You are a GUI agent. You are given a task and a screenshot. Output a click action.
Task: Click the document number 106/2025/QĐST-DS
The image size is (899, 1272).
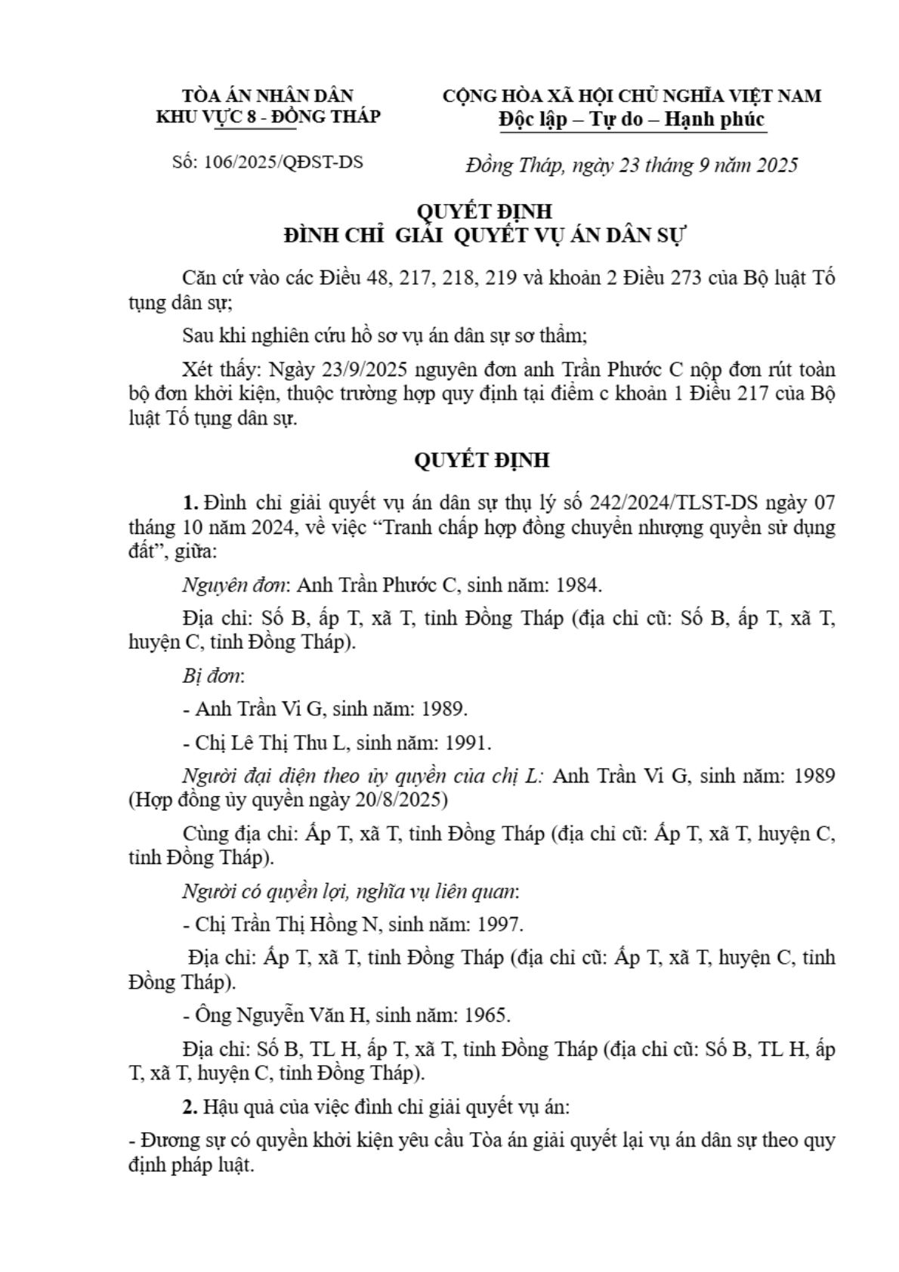tap(283, 163)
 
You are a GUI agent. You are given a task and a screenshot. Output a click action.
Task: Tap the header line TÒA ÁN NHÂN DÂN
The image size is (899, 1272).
tap(267, 96)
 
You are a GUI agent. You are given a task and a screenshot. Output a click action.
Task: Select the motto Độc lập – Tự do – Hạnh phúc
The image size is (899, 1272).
tap(632, 119)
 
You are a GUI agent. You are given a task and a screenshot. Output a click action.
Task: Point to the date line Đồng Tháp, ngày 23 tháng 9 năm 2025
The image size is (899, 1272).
tap(631, 165)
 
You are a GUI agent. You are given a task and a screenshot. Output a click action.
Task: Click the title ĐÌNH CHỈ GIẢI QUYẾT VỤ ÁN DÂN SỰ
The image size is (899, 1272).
tap(483, 236)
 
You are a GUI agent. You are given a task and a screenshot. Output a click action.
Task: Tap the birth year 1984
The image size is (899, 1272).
tap(578, 585)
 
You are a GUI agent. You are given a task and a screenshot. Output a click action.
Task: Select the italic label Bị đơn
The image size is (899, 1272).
tap(213, 675)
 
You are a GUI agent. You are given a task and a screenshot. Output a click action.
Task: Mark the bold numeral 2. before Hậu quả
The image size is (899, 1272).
tap(190, 1107)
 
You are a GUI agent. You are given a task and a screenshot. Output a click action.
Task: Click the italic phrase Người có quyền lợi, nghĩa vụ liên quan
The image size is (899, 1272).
tap(351, 891)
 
